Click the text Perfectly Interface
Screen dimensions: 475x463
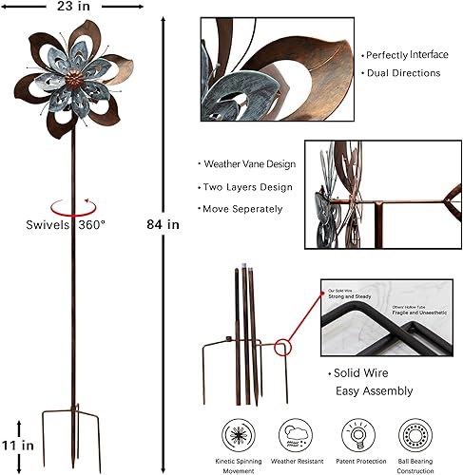pos(406,55)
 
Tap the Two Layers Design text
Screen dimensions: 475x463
pos(244,187)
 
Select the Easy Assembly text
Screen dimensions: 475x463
pos(373,390)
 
